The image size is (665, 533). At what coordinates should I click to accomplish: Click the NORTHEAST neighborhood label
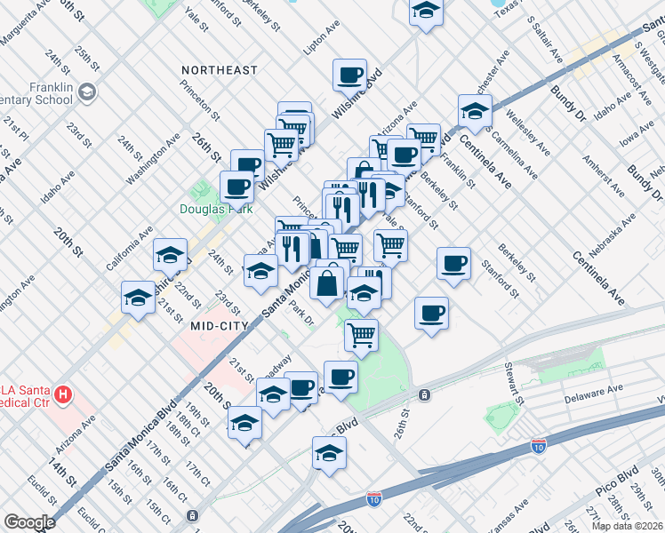point(219,69)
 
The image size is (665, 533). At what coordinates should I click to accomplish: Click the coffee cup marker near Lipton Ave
point(350,74)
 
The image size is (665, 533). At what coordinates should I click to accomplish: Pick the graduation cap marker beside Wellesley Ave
point(476,111)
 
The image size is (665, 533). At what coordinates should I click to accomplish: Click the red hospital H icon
point(62,393)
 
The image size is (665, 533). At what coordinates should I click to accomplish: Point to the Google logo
point(29,522)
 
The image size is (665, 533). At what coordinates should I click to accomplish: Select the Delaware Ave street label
point(597,391)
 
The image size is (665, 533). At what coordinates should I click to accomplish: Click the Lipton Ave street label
point(323,40)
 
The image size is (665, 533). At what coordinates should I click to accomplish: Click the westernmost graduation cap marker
point(138,298)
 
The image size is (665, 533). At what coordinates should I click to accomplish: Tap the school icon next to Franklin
point(87,91)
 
